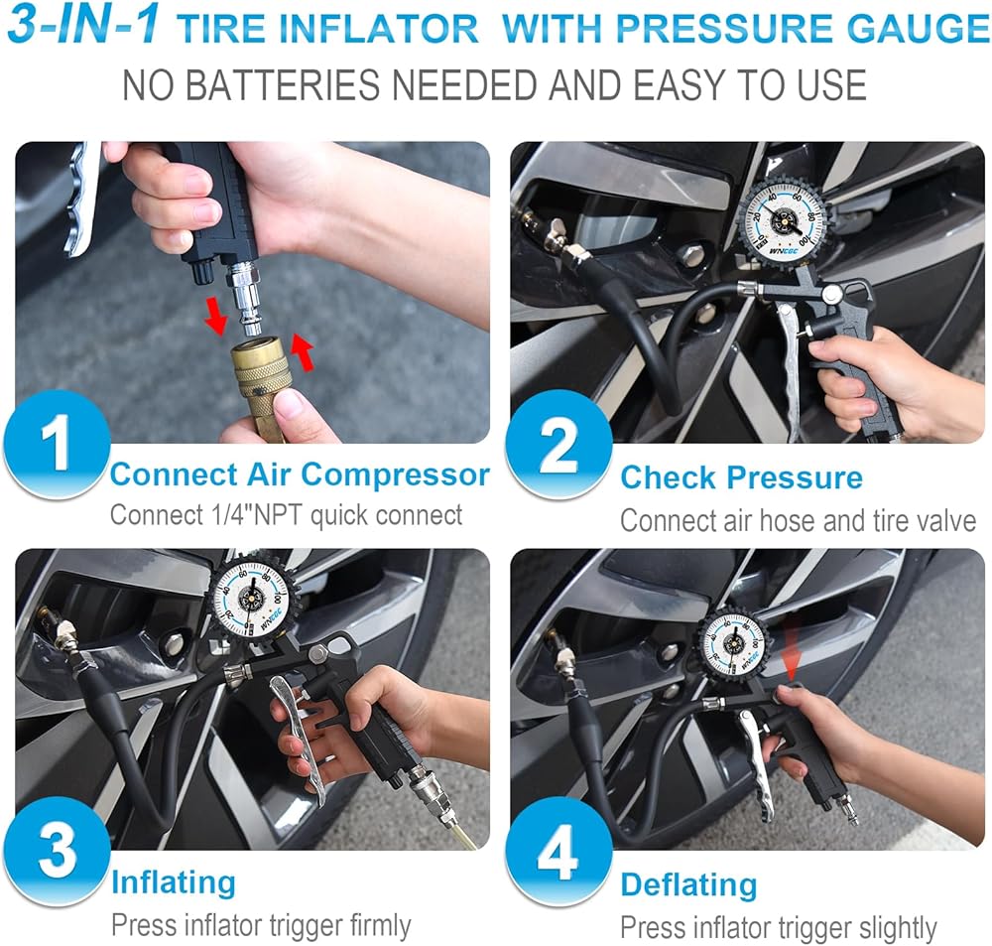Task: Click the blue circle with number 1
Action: pyautogui.click(x=57, y=445)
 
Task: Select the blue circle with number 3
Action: pyautogui.click(x=57, y=851)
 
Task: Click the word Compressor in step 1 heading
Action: pyautogui.click(x=395, y=474)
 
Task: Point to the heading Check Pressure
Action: pyautogui.click(x=741, y=476)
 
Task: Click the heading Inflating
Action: pyautogui.click(x=174, y=882)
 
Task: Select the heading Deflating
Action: pyautogui.click(x=688, y=884)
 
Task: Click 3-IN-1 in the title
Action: pyautogui.click(x=84, y=26)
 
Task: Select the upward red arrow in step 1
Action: pyautogui.click(x=303, y=353)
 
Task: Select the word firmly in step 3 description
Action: pyautogui.click(x=381, y=926)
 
